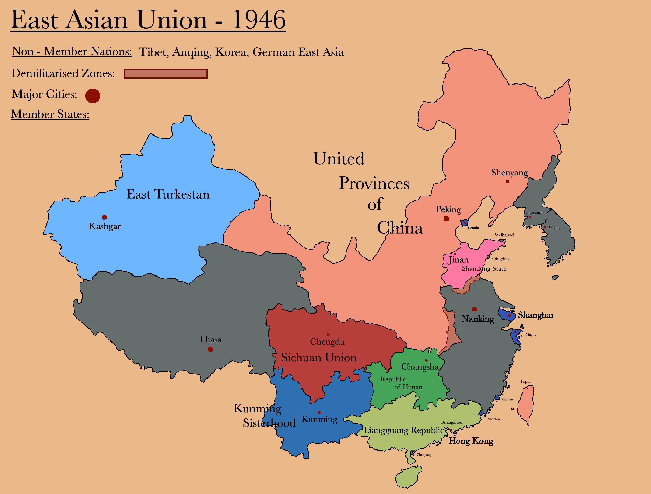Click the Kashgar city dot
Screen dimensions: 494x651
tap(104, 217)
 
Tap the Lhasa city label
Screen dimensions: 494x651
tap(211, 340)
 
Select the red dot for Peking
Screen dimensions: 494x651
tap(446, 219)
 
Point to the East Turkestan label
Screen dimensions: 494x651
tap(168, 195)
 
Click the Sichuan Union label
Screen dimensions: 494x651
tap(319, 358)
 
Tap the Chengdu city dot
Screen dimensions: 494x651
tap(328, 334)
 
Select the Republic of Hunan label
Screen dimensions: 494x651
tap(401, 383)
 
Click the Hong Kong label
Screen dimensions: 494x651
tap(471, 441)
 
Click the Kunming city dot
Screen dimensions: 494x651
tap(319, 413)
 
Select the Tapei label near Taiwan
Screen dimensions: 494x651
tap(525, 381)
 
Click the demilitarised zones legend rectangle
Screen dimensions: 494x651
tap(166, 73)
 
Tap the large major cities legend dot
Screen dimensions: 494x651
tap(93, 96)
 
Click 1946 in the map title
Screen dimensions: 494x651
tap(259, 20)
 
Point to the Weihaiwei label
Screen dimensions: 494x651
tap(504, 235)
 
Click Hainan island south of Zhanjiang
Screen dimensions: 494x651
tap(408, 477)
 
